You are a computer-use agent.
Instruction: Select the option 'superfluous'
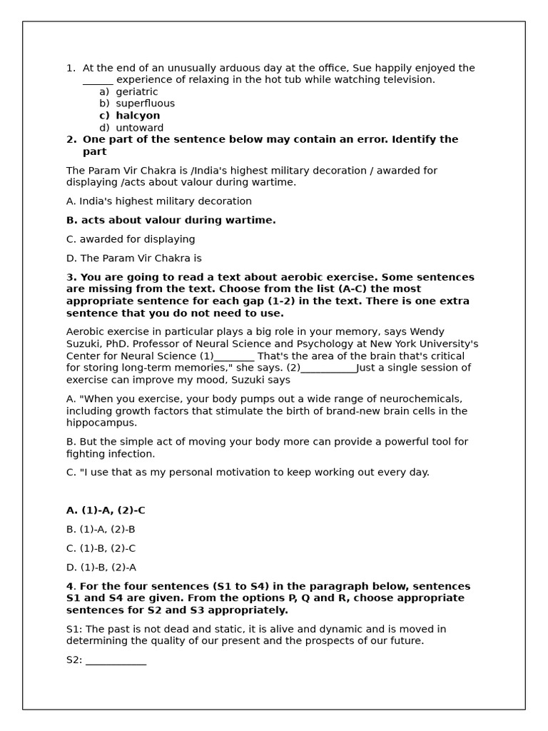click(x=145, y=104)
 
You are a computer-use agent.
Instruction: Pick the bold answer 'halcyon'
click(x=138, y=116)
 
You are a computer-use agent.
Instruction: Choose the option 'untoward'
click(x=140, y=128)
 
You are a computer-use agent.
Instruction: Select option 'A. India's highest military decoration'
click(x=158, y=201)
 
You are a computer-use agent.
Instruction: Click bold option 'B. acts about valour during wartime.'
click(x=171, y=221)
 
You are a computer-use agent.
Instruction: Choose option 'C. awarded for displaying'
click(x=131, y=240)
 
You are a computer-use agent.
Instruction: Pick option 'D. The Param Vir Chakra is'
click(x=133, y=258)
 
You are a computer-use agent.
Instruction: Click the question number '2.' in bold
click(x=71, y=140)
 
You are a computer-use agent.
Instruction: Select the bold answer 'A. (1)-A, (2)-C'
click(x=106, y=511)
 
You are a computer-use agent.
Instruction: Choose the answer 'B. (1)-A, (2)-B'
click(x=101, y=530)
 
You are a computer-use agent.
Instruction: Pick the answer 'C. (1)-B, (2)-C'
click(x=101, y=549)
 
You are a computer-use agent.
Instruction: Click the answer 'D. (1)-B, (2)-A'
click(x=101, y=568)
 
